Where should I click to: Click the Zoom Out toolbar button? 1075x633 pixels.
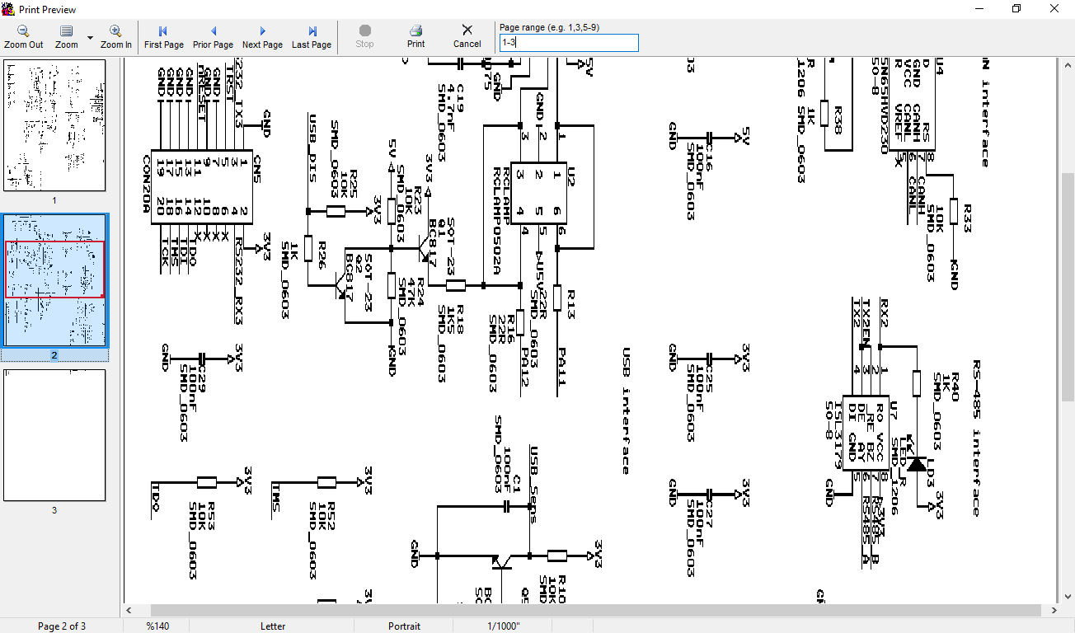[x=23, y=37]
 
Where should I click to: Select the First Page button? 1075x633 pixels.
[x=163, y=37]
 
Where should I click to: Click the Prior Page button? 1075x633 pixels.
[x=213, y=37]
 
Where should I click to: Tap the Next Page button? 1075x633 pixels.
[x=262, y=37]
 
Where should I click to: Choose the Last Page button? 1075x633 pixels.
[x=312, y=37]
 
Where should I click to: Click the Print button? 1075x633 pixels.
[x=416, y=37]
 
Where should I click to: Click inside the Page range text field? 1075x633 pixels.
[x=568, y=42]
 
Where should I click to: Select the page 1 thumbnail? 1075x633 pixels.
[x=54, y=125]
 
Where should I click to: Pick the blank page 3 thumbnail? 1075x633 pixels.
[x=54, y=435]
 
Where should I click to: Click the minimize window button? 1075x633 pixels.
[x=979, y=9]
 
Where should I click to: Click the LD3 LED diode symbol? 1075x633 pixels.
[x=916, y=463]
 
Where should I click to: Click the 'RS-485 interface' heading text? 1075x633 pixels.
[x=976, y=438]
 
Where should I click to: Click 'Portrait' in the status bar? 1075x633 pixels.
[x=404, y=626]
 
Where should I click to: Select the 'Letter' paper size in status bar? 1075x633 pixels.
[x=273, y=626]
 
